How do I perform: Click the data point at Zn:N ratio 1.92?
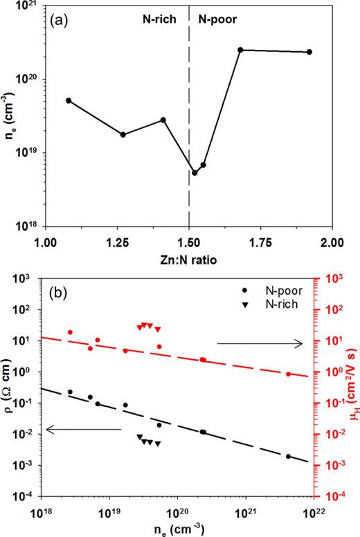[x=309, y=52]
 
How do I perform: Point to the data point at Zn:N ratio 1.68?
[x=240, y=50]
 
